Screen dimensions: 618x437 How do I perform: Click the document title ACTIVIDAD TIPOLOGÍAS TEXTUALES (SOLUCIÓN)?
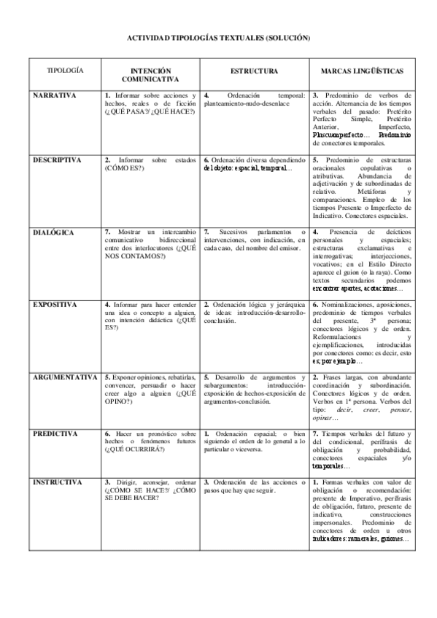coord(219,37)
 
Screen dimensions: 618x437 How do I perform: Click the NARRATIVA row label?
coord(53,95)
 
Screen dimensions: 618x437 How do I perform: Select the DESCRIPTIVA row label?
coord(56,159)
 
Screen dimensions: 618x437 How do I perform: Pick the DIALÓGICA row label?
coord(53,232)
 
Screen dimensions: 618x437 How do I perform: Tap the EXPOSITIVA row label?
coord(55,303)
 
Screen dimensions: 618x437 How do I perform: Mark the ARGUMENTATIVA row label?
coord(65,377)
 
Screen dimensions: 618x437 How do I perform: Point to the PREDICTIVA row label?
coord(55,434)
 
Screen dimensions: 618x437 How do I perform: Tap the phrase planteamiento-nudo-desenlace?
coord(247,103)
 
